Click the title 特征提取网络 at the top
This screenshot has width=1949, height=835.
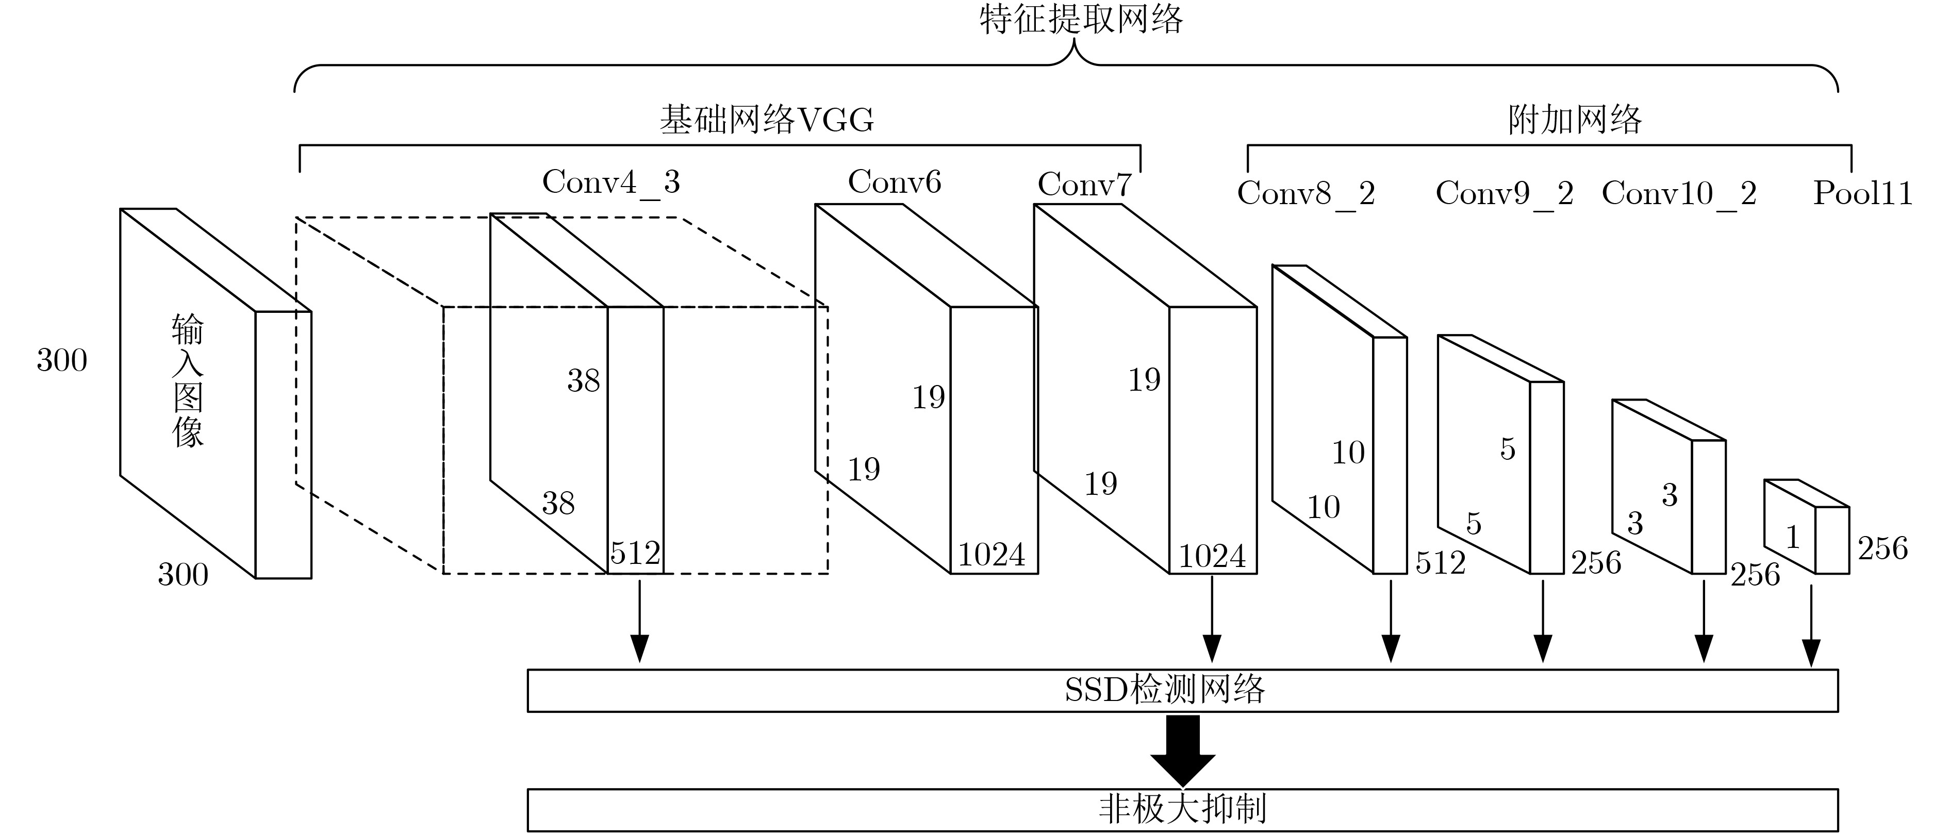[1080, 19]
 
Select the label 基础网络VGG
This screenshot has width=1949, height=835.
[766, 120]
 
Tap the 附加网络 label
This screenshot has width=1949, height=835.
[1575, 120]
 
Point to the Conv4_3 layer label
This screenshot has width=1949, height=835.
[610, 182]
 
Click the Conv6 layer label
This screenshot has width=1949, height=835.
[894, 182]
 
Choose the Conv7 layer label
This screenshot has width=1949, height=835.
[1084, 185]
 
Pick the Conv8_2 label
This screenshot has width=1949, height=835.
[1306, 194]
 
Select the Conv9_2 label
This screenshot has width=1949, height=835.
[1504, 194]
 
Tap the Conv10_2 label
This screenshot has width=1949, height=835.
[1679, 194]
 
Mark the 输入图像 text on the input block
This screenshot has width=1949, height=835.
[188, 380]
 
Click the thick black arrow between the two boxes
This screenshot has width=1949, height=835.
[1183, 749]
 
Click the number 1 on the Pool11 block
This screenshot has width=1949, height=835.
[1792, 538]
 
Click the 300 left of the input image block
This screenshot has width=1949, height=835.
[62, 361]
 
